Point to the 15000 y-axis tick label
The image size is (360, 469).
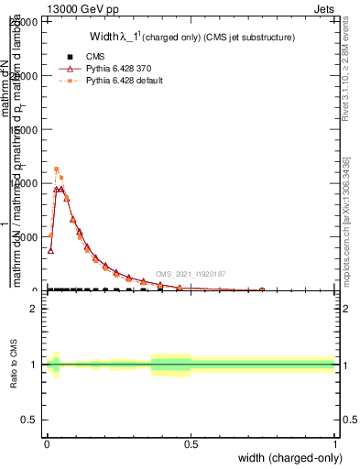pyautogui.click(x=28, y=130)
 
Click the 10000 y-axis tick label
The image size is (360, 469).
pyautogui.click(x=28, y=183)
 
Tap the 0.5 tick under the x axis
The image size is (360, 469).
pyautogui.click(x=191, y=444)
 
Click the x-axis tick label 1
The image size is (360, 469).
pyautogui.click(x=334, y=444)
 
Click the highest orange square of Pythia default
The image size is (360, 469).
pyautogui.click(x=56, y=169)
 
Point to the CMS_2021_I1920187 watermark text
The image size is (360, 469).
pyautogui.click(x=190, y=274)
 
